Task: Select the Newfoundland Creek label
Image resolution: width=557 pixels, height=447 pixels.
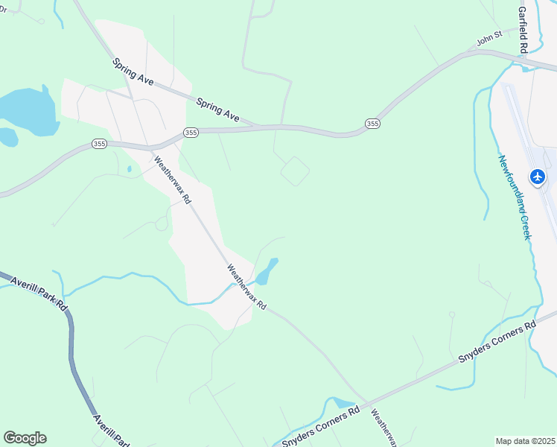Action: pos(515,197)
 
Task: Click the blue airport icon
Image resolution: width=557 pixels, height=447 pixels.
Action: pos(538,177)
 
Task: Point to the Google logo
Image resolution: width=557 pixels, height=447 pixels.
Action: pos(25,438)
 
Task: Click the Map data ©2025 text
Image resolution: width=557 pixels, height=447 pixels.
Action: pos(525,441)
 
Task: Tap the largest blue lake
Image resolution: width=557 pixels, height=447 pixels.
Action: pos(28,110)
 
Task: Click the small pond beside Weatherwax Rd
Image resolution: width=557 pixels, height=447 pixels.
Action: pos(267,271)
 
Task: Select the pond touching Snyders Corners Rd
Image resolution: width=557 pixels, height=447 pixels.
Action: pos(345,403)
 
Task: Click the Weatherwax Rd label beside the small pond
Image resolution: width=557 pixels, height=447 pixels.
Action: pos(246,288)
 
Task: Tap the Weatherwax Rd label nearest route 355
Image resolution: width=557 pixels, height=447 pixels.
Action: pos(173,180)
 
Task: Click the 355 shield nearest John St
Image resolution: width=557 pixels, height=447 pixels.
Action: pos(372,123)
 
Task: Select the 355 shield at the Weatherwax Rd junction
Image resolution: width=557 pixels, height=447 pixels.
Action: pos(191,133)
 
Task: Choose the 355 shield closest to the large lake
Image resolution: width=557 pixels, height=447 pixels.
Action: pos(100,144)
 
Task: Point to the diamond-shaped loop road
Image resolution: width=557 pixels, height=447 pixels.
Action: pos(295,171)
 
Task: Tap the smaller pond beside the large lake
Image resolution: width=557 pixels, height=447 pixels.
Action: pos(8,137)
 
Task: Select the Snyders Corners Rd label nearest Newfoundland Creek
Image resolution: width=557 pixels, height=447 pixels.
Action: pos(497,343)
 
